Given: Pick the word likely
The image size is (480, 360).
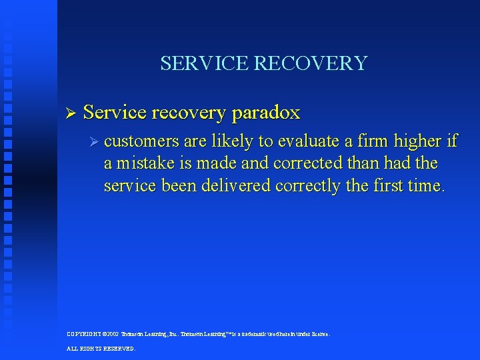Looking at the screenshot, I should tap(234, 141).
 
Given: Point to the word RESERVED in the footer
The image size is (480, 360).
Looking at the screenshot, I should tap(117, 349).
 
